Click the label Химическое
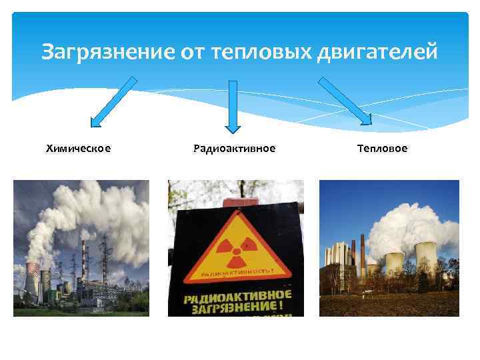coord(78,148)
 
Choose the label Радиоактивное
coord(233,148)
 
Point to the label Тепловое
coord(382,148)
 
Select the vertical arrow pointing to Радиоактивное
coord(233,106)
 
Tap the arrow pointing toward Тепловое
coord(345,101)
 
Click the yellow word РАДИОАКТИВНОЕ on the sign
coord(236,295)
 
